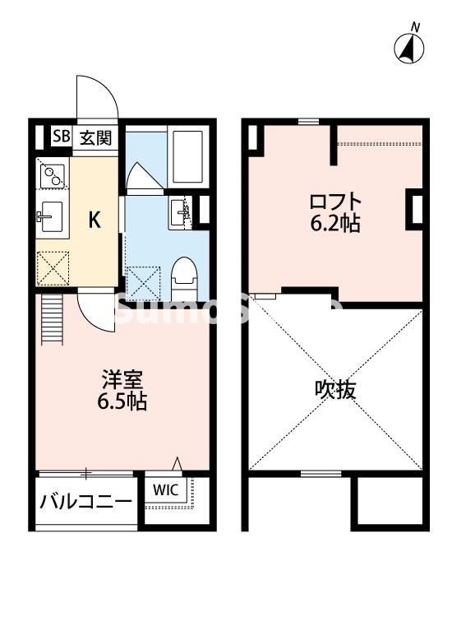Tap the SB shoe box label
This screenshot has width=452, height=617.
[61, 137]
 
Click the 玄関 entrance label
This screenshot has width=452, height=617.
[95, 137]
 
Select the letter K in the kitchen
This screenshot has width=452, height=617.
[95, 219]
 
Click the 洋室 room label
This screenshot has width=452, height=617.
[123, 381]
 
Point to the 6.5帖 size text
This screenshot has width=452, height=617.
[123, 403]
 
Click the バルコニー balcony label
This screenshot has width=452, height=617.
[86, 501]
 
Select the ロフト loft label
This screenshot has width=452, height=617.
[334, 201]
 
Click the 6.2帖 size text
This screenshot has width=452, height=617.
[334, 223]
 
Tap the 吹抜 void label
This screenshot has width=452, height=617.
[335, 389]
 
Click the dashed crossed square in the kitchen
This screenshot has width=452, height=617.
[53, 266]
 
